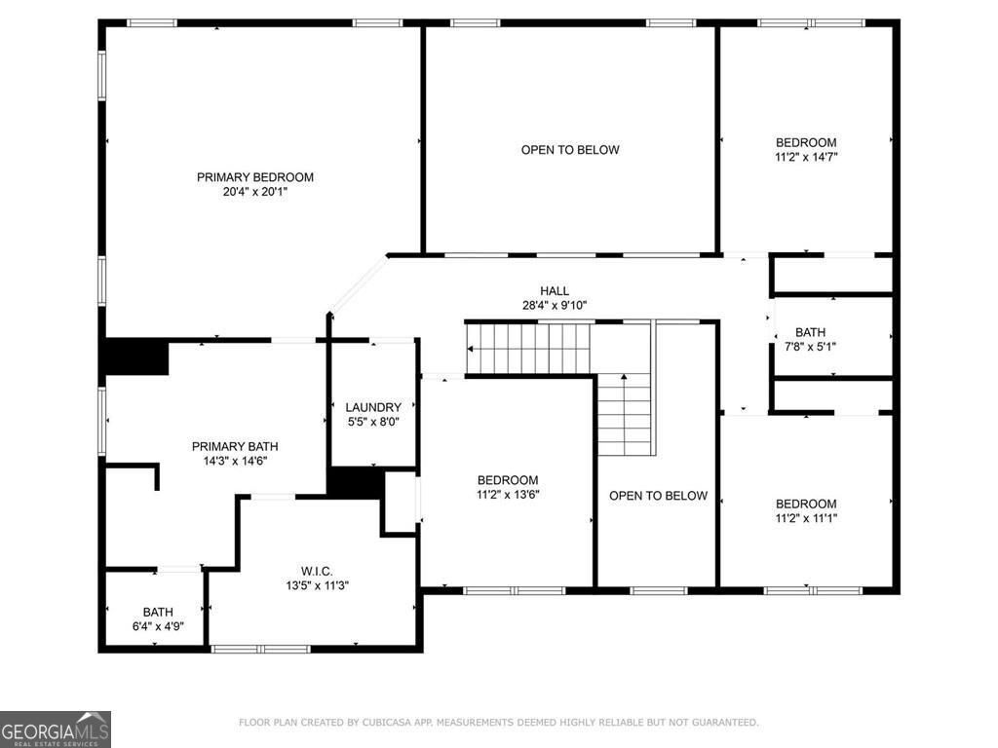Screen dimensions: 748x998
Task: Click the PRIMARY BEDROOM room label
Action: [255, 177]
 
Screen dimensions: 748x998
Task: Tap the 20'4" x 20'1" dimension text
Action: [255, 192]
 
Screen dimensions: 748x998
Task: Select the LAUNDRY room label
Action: [373, 407]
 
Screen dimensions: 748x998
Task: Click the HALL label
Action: [555, 290]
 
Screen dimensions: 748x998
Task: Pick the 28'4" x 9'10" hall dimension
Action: [555, 305]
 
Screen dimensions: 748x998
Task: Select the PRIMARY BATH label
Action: [229, 446]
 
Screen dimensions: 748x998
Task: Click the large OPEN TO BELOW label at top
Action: [570, 150]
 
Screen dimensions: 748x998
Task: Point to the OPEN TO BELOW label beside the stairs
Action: [658, 496]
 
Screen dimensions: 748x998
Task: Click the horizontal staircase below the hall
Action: [529, 348]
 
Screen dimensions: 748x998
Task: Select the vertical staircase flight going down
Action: [624, 414]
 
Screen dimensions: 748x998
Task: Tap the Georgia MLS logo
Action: [56, 729]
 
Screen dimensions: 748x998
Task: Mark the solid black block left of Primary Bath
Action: [135, 356]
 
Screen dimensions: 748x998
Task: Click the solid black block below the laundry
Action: [355, 483]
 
